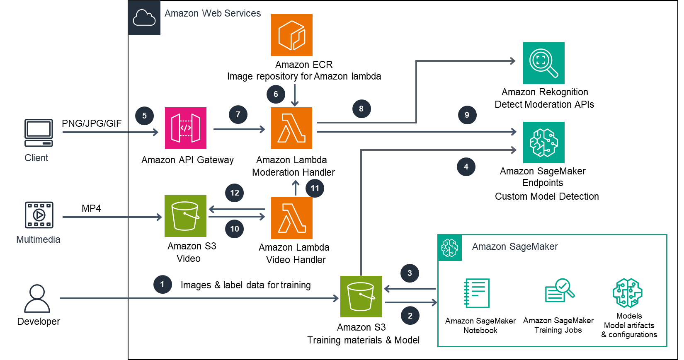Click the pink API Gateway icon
click(x=185, y=128)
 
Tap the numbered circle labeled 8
click(x=361, y=109)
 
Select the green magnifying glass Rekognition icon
click(x=543, y=63)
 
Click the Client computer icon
click(x=39, y=133)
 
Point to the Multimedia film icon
click(x=39, y=215)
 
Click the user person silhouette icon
click(x=37, y=298)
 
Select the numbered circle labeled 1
click(x=162, y=284)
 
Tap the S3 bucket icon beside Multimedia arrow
click(x=185, y=216)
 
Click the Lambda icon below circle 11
click(x=291, y=218)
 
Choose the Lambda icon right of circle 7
click(x=291, y=128)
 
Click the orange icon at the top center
click(x=291, y=35)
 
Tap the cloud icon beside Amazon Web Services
click(x=144, y=18)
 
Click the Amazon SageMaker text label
click(x=514, y=246)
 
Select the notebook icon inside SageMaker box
click(x=477, y=293)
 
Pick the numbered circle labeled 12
click(x=234, y=193)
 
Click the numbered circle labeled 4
click(x=466, y=167)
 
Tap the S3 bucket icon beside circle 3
click(x=361, y=296)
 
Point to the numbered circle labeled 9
click(x=467, y=115)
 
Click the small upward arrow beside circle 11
click(x=295, y=187)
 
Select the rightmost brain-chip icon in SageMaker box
click(x=627, y=293)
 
